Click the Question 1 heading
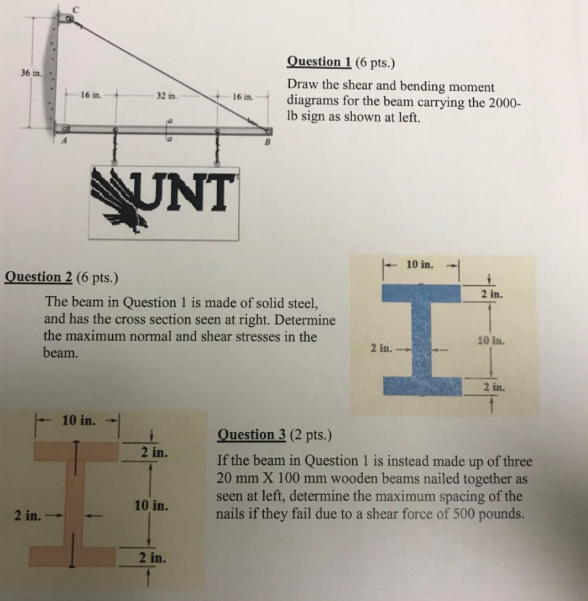pos(319,62)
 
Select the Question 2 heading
pos(42,277)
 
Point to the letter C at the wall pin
pos(77,8)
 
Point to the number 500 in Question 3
pos(464,513)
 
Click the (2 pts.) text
pos(312,434)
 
